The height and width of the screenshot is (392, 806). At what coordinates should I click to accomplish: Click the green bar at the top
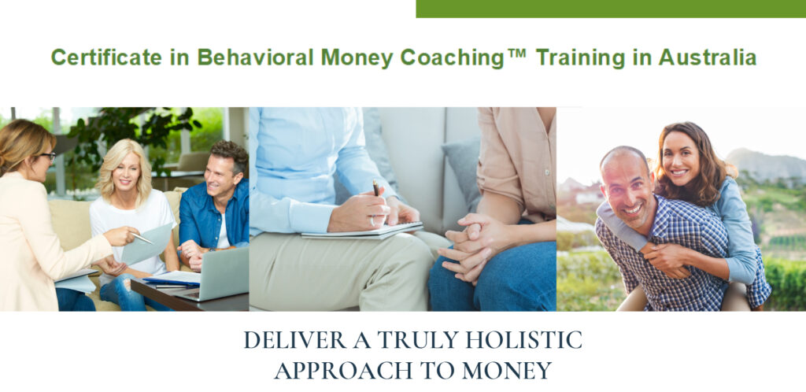(x=610, y=9)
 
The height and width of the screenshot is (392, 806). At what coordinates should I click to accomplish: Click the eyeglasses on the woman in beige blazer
(x=46, y=157)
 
